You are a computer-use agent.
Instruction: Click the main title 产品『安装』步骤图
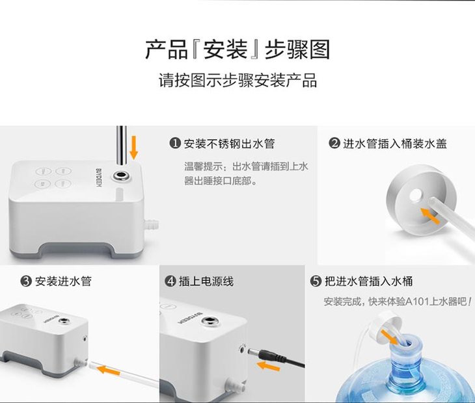pos(238,49)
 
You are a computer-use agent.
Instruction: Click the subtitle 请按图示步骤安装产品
pos(238,81)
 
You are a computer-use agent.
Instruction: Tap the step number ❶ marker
pos(175,144)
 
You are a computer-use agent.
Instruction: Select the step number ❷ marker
pos(334,143)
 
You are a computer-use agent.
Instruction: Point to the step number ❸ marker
pos(26,281)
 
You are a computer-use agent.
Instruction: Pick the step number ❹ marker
pos(170,281)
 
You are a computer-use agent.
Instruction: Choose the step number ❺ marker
pos(316,281)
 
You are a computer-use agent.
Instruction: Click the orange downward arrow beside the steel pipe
pos(133,148)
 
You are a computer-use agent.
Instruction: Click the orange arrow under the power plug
pos(268,367)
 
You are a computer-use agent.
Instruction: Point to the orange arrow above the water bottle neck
pos(389,337)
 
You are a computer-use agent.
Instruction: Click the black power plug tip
pos(252,352)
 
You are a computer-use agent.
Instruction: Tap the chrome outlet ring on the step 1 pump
pos(121,175)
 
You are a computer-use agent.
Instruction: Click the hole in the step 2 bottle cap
pos(415,195)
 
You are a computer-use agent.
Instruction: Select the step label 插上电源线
pos(206,281)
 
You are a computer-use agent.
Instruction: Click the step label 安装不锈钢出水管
pos(229,144)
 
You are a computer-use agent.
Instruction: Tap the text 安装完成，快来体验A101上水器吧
pos(397,302)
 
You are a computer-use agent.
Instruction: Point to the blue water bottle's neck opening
pos(406,343)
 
